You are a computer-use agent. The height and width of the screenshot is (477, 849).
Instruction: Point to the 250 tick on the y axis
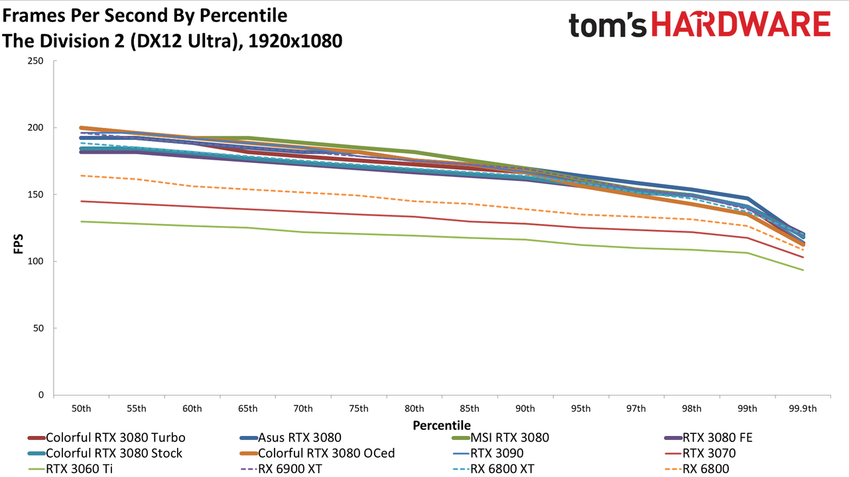(x=36, y=61)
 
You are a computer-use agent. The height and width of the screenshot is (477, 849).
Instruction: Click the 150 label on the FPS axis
(x=36, y=195)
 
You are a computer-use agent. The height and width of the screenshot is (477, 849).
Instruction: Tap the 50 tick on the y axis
(x=38, y=328)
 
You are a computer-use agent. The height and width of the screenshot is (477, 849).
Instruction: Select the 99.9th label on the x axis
(x=803, y=409)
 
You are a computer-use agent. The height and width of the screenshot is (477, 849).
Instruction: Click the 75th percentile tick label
(x=359, y=409)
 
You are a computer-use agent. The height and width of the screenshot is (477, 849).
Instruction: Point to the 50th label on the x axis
(x=81, y=409)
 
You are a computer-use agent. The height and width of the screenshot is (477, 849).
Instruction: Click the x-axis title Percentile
(x=442, y=425)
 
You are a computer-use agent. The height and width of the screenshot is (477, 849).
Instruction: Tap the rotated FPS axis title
(x=18, y=244)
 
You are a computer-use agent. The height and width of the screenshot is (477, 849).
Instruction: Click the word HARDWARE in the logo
(x=742, y=24)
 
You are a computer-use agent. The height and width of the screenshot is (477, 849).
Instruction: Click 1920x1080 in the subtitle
(x=295, y=41)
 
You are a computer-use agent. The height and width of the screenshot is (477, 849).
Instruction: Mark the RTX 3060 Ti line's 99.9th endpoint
(x=803, y=270)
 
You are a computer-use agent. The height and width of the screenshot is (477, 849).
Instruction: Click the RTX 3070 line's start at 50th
(x=81, y=201)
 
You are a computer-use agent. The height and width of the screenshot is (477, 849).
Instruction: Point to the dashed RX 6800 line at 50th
(x=81, y=176)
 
